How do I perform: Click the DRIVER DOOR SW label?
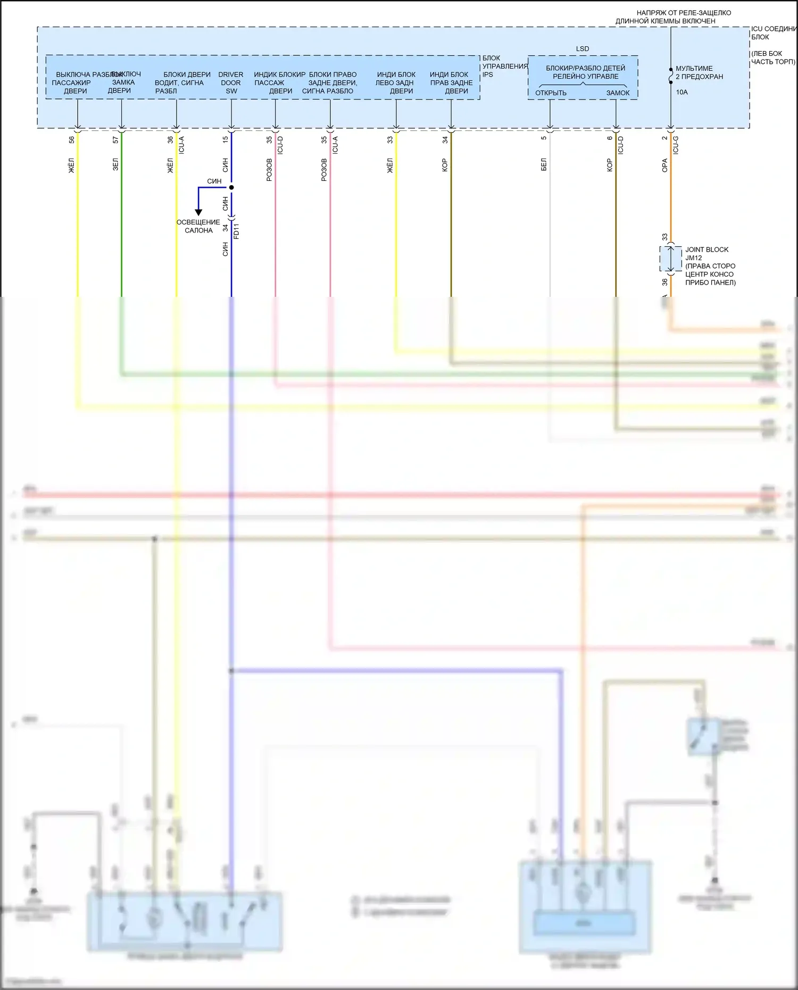tap(231, 82)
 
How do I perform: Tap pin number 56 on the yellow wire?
tap(72, 140)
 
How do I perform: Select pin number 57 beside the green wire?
tap(115, 140)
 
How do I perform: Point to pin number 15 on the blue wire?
tap(225, 139)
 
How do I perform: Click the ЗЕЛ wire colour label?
tap(115, 164)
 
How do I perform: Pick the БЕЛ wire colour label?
tap(544, 164)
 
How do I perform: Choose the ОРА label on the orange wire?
tap(664, 165)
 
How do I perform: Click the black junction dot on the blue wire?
tap(231, 187)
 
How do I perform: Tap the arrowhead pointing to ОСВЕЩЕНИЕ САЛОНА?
tap(198, 212)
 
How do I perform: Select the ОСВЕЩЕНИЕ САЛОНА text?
tap(198, 226)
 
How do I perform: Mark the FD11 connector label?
tap(237, 231)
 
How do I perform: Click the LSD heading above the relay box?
tap(583, 48)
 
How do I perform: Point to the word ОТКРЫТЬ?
tap(551, 93)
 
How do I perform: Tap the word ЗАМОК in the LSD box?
tap(618, 93)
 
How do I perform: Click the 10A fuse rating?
tap(681, 92)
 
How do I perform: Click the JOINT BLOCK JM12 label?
tap(706, 253)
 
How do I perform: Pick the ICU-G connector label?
tap(676, 145)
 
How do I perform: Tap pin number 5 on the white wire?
tap(544, 138)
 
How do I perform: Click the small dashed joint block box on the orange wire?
tap(671, 259)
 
